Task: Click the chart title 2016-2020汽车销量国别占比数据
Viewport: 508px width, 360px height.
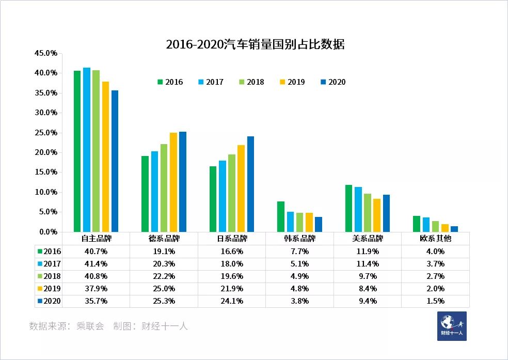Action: point(255,44)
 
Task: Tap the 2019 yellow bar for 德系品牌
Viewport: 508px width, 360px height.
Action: point(173,182)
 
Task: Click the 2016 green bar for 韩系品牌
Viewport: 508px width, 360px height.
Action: point(281,216)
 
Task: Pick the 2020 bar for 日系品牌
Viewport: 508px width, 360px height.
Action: point(250,184)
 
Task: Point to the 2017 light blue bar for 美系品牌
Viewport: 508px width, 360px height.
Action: point(358,209)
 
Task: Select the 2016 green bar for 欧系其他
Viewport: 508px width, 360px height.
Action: point(417,224)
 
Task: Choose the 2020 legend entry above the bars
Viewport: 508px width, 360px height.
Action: point(332,82)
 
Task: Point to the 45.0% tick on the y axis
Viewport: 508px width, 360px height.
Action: point(45,53)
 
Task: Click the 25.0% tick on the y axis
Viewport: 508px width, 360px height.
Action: point(45,133)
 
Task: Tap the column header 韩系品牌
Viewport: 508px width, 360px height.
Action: point(299,239)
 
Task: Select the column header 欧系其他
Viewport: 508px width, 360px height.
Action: point(436,239)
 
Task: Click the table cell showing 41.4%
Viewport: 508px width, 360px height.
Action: point(96,263)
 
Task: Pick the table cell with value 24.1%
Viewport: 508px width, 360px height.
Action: point(232,301)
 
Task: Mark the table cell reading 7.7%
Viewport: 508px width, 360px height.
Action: point(299,252)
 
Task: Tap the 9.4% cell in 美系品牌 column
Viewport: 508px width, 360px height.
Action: point(368,301)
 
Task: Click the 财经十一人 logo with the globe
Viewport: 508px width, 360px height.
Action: point(452,326)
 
